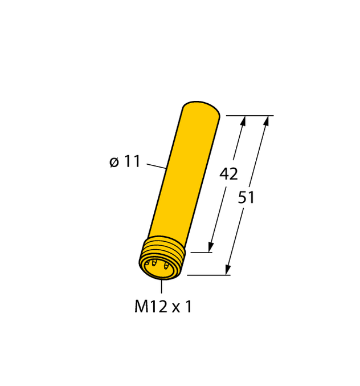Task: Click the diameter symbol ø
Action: [x=114, y=162]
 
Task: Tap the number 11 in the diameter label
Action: [x=132, y=162]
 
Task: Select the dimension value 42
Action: [x=228, y=174]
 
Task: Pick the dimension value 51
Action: [x=246, y=198]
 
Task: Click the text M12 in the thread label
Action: [x=149, y=307]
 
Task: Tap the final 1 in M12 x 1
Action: [x=188, y=307]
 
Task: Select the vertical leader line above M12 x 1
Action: [x=161, y=287]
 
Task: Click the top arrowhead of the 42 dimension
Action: [x=244, y=120]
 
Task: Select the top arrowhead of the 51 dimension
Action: [x=266, y=120]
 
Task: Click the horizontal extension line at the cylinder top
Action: [x=249, y=116]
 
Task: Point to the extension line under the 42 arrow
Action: [x=201, y=253]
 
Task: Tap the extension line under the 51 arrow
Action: [x=208, y=275]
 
